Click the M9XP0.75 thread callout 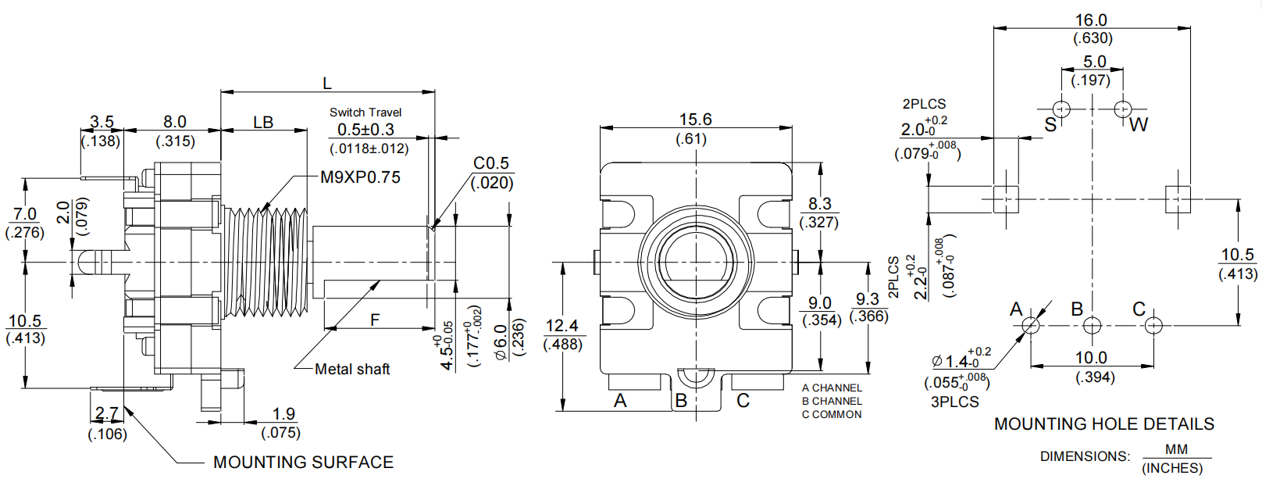(360, 177)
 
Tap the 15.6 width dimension (694, 120)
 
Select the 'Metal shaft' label (351, 369)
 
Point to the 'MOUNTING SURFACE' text (303, 463)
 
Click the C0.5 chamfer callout (490, 163)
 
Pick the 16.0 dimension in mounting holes (1091, 20)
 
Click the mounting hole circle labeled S (1061, 108)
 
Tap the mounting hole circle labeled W (1122, 108)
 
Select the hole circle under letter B (1092, 325)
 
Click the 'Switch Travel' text (365, 113)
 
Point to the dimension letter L (327, 83)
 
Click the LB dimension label (263, 123)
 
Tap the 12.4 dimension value (561, 326)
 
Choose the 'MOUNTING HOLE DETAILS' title (1103, 424)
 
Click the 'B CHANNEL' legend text (832, 401)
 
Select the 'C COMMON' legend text (832, 414)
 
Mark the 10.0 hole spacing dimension (1091, 358)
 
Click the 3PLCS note (954, 402)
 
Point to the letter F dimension (375, 320)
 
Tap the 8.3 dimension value (819, 204)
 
